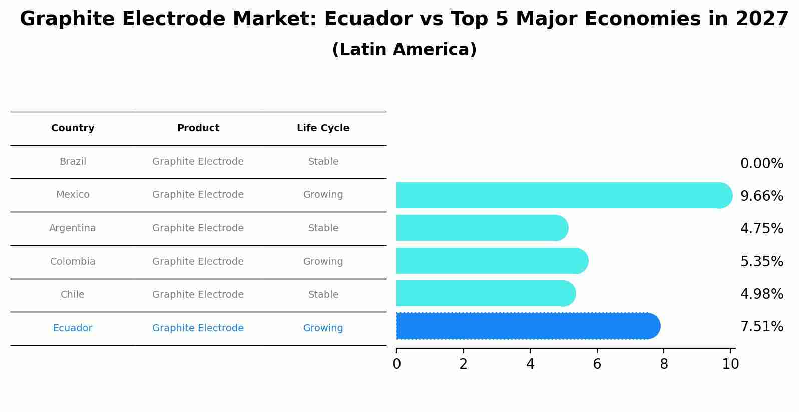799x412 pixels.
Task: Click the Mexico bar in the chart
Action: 561,195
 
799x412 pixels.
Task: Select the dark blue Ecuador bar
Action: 526,326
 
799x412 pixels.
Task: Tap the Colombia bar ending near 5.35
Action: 491,261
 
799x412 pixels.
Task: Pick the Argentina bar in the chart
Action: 481,228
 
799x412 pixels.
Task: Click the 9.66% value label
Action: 761,196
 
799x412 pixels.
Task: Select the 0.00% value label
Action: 761,164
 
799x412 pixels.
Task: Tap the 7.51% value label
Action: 761,327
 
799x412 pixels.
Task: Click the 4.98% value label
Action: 761,294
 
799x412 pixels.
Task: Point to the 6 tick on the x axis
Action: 597,364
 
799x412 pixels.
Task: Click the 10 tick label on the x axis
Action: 730,364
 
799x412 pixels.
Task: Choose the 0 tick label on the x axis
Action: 396,364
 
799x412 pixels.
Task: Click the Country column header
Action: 73,128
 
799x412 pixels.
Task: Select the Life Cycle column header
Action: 323,128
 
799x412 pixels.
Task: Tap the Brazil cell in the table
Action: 73,162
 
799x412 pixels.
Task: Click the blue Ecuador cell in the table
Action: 73,328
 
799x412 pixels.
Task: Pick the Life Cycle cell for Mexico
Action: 323,195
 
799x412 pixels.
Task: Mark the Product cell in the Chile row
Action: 198,295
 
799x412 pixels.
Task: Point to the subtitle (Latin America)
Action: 404,50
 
